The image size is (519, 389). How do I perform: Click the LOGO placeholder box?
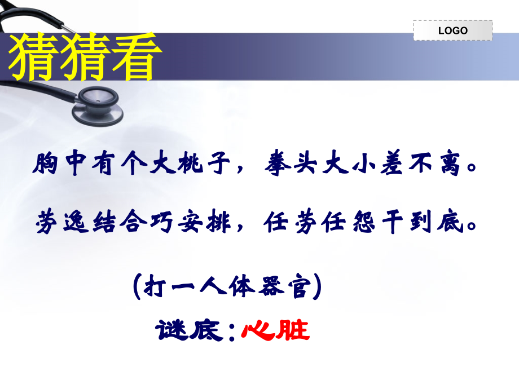pos(452,30)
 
